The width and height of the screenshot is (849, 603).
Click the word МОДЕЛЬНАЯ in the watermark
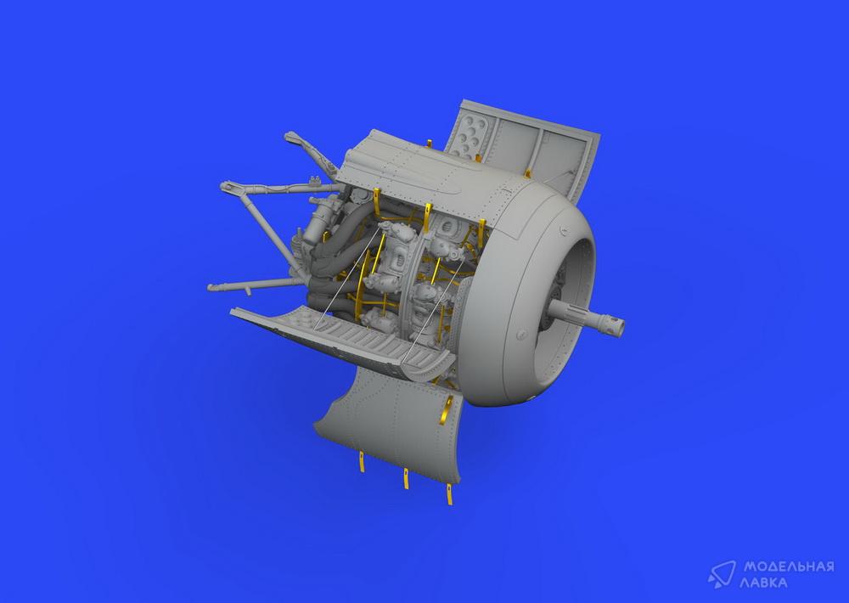789,566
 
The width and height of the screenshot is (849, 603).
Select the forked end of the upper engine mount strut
227,187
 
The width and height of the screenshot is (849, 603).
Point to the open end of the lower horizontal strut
211,288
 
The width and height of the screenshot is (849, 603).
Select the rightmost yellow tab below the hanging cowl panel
449,494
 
